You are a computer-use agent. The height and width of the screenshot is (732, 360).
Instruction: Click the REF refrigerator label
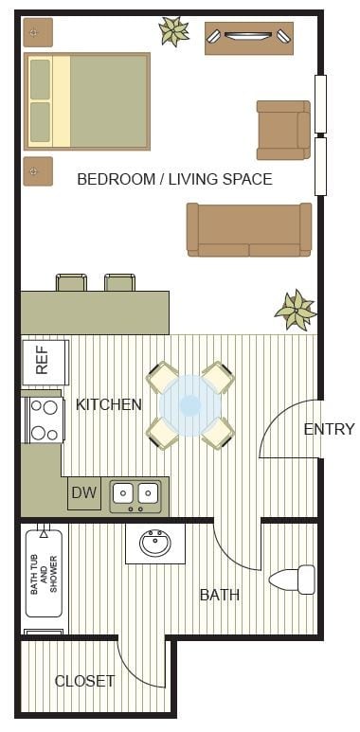tap(44, 362)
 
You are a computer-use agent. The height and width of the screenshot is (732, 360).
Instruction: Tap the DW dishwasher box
tap(83, 492)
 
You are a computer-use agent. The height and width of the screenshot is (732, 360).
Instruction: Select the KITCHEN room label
tap(108, 404)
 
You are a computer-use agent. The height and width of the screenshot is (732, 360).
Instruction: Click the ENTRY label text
tap(329, 429)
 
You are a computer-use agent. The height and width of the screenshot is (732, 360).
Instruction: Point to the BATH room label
tap(219, 595)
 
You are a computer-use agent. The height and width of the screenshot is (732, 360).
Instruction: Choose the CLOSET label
tap(84, 680)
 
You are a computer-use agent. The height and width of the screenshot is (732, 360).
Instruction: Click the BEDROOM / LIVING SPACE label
tap(174, 179)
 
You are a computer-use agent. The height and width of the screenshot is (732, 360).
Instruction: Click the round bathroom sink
tap(155, 544)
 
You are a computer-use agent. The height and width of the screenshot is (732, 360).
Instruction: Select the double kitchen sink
tap(135, 493)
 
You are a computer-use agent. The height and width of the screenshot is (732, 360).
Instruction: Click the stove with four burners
tap(43, 420)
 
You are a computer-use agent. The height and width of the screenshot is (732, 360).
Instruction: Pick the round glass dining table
tap(190, 404)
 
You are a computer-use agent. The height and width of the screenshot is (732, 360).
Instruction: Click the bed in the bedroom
tap(87, 101)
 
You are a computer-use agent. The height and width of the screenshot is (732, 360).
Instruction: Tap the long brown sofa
tap(249, 229)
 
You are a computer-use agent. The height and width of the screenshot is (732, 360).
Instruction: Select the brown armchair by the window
tap(282, 130)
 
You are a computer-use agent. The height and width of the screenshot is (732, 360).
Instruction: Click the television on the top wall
tap(249, 37)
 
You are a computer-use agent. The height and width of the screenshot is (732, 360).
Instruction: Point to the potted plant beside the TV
tap(173, 31)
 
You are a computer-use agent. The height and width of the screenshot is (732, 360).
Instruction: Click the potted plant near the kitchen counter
tap(295, 309)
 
